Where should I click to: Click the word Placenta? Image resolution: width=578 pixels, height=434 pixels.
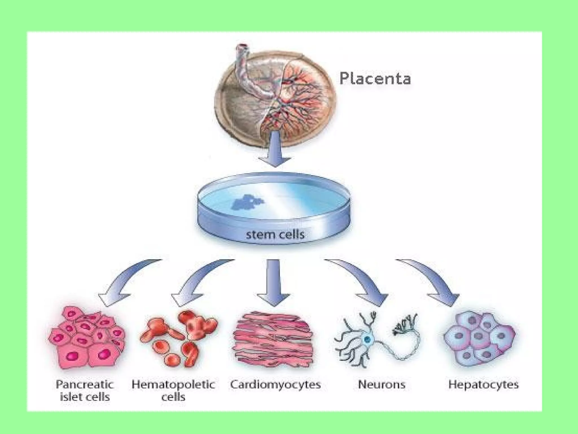[x=375, y=78]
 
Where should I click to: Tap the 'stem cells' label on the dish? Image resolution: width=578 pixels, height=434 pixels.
[x=275, y=234]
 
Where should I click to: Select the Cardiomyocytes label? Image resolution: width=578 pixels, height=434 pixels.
[x=275, y=385]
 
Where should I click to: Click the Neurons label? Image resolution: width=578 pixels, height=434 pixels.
[x=382, y=385]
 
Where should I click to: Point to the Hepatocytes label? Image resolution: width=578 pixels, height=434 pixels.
[x=483, y=385]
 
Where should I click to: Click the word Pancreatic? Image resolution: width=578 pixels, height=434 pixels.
[x=85, y=384]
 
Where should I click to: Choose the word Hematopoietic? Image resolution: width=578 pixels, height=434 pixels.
[x=173, y=384]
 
